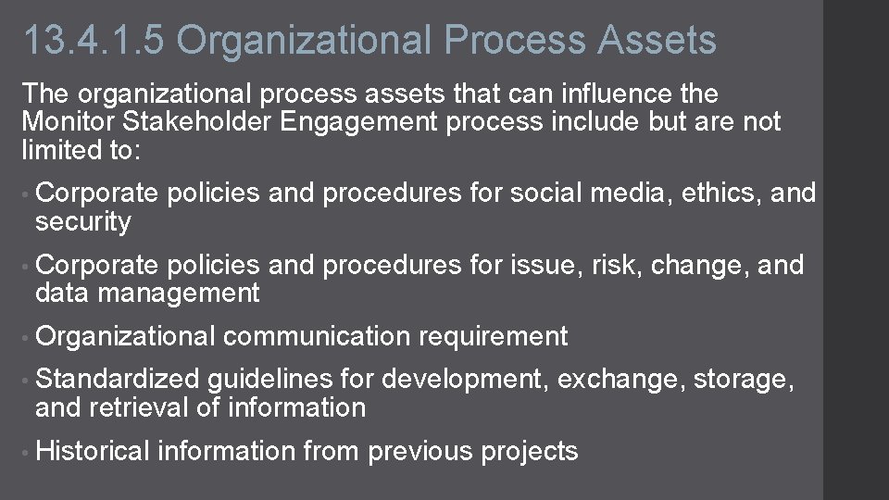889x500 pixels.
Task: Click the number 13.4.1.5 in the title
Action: pyautogui.click(x=93, y=41)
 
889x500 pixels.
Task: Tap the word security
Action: pyautogui.click(x=83, y=222)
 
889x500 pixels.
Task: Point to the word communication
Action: pyautogui.click(x=317, y=337)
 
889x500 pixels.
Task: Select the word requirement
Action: pyautogui.click(x=493, y=337)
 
